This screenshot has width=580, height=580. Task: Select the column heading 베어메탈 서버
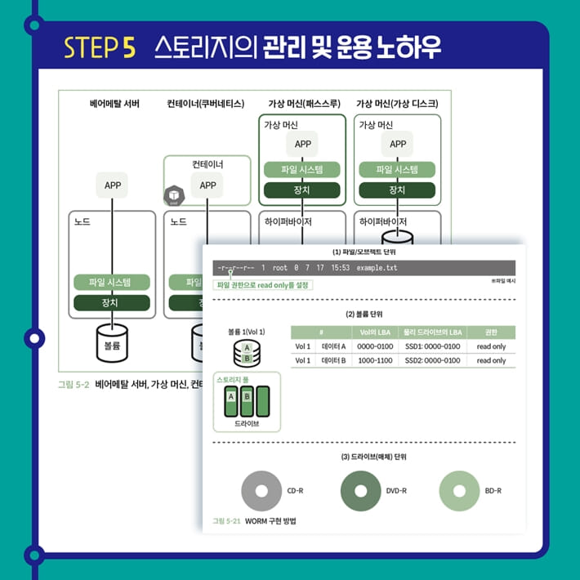114,104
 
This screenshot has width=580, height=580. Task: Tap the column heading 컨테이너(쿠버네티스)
205,104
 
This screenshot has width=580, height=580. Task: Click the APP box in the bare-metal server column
113,185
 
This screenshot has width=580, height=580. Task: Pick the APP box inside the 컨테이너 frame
207,185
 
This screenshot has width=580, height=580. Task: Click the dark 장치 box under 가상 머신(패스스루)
301,190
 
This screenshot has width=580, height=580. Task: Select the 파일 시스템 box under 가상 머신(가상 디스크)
397,170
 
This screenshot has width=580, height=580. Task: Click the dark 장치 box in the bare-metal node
113,303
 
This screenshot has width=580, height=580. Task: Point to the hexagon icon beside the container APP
174,196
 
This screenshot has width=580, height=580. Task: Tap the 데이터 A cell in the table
333,346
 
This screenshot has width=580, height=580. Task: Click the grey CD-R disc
261,491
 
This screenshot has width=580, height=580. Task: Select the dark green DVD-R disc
359,491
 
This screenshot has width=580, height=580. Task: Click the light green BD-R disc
459,491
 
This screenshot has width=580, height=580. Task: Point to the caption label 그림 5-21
225,520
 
